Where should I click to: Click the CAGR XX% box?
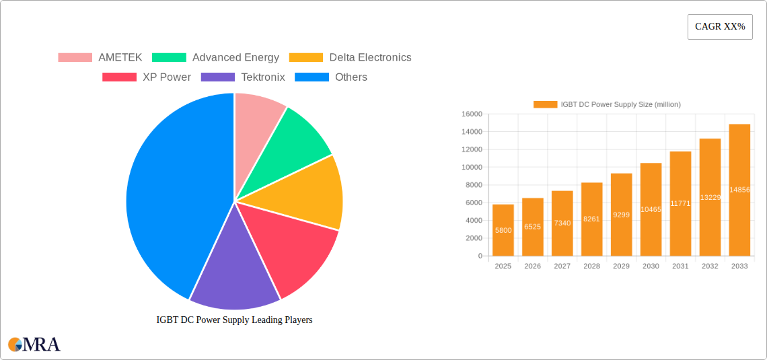pos(720,27)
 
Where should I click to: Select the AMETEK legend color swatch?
pos(75,58)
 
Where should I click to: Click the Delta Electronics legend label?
pos(370,58)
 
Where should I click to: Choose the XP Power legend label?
pos(166,77)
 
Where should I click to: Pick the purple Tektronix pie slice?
pos(232,269)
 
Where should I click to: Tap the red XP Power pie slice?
pos(296,249)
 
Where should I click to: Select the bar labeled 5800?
pos(503,230)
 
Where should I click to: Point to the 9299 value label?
pos(621,215)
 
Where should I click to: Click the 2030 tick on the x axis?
pos(651,266)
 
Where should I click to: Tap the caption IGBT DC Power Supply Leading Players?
pos(234,320)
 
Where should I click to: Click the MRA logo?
pos(34,345)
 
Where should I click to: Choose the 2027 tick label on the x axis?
pos(562,266)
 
